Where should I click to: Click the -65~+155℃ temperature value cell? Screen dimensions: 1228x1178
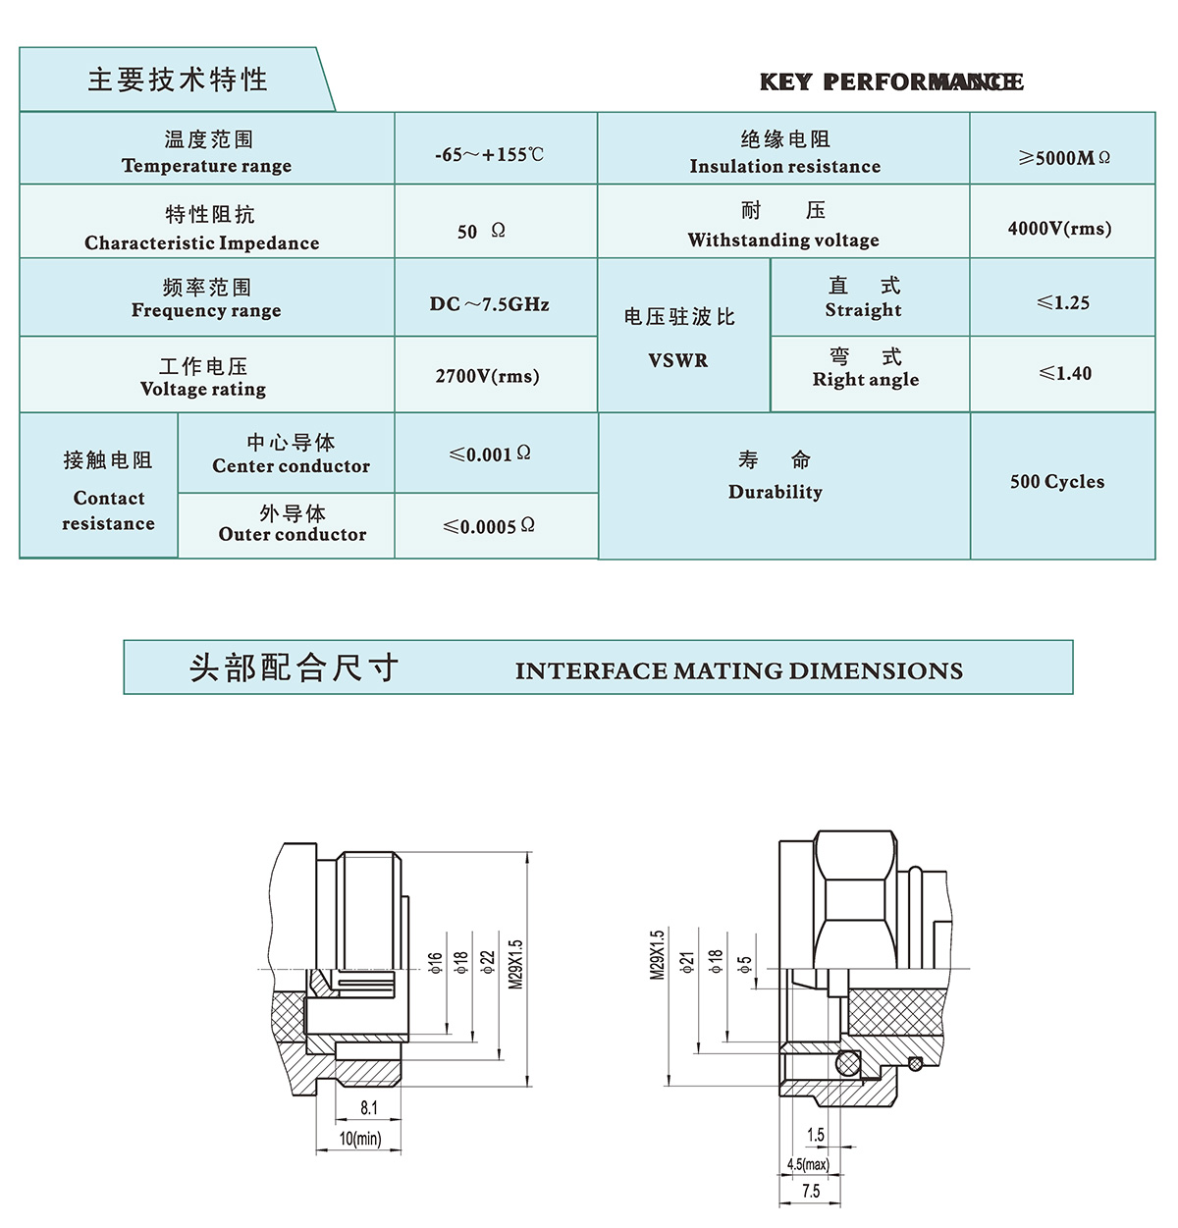[489, 154]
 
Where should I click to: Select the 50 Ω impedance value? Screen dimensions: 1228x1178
[481, 231]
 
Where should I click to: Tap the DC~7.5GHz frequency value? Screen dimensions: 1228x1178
[489, 304]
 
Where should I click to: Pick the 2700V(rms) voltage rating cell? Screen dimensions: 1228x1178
[488, 376]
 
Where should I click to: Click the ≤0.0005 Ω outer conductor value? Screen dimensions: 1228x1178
[489, 526]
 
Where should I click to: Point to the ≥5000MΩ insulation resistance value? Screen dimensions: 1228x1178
[1064, 157]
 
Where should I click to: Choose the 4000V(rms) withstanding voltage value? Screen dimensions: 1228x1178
[1059, 229]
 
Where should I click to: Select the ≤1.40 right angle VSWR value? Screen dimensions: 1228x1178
[1065, 373]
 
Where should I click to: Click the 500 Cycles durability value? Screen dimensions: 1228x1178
[1057, 481]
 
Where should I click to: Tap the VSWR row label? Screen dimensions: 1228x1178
[678, 360]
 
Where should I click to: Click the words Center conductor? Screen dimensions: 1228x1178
[292, 466]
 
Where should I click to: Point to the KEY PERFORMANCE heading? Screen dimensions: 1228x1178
[890, 82]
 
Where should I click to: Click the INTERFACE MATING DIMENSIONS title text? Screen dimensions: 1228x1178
[738, 670]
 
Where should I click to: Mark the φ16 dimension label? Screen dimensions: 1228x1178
[435, 962]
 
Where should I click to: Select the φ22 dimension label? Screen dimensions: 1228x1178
[488, 962]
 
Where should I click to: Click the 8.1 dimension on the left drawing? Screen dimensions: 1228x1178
[368, 1107]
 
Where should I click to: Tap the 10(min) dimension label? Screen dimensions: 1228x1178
[360, 1139]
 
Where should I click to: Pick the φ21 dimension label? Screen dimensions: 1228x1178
[688, 962]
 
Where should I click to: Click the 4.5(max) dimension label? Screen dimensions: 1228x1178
[808, 1164]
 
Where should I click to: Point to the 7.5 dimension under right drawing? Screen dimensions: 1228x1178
[811, 1191]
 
